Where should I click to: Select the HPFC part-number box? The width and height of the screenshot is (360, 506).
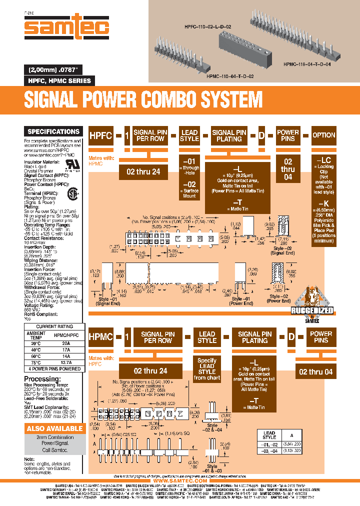(101, 135)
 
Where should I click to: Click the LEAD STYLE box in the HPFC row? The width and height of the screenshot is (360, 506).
(189, 135)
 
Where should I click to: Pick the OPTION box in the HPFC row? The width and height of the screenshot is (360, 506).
(323, 135)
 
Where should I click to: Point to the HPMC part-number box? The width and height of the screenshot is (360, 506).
(101, 337)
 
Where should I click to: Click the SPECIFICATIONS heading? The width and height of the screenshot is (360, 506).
(53, 131)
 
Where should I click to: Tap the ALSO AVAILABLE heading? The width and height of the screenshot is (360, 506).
(54, 428)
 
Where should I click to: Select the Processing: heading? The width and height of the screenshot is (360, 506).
(42, 379)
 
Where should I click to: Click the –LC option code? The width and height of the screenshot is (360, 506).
(323, 160)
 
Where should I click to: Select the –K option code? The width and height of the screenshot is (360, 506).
(323, 203)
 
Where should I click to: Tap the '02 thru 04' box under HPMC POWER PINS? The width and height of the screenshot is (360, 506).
(315, 371)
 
